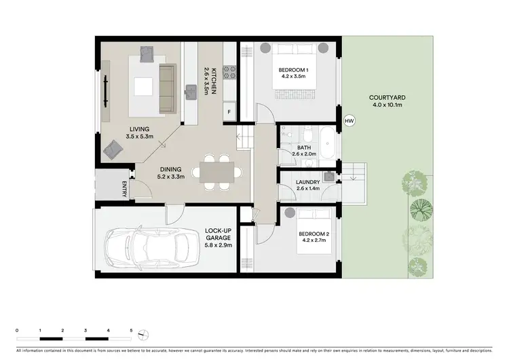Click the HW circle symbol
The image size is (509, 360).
tap(350, 121)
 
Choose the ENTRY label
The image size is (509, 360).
tap(124, 190)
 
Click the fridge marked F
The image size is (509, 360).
tap(229, 111)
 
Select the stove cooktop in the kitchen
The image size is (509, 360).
tap(230, 69)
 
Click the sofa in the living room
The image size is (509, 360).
tap(167, 89)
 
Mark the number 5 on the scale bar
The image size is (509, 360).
tap(131, 329)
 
